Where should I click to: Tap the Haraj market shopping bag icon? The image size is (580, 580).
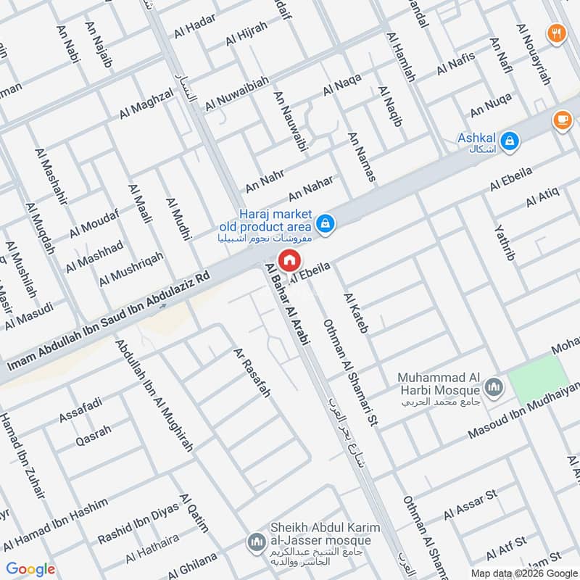tap(326, 223)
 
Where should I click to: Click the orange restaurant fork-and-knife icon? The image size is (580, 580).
tap(557, 33)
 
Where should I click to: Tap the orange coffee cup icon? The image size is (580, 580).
tap(562, 120)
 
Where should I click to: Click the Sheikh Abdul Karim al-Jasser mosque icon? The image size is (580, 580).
tap(256, 542)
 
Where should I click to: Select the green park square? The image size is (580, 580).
tap(538, 380)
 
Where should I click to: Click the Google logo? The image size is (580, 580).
tap(30, 569)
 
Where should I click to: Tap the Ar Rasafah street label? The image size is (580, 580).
tap(252, 373)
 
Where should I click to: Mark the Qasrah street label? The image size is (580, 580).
tap(94, 435)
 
